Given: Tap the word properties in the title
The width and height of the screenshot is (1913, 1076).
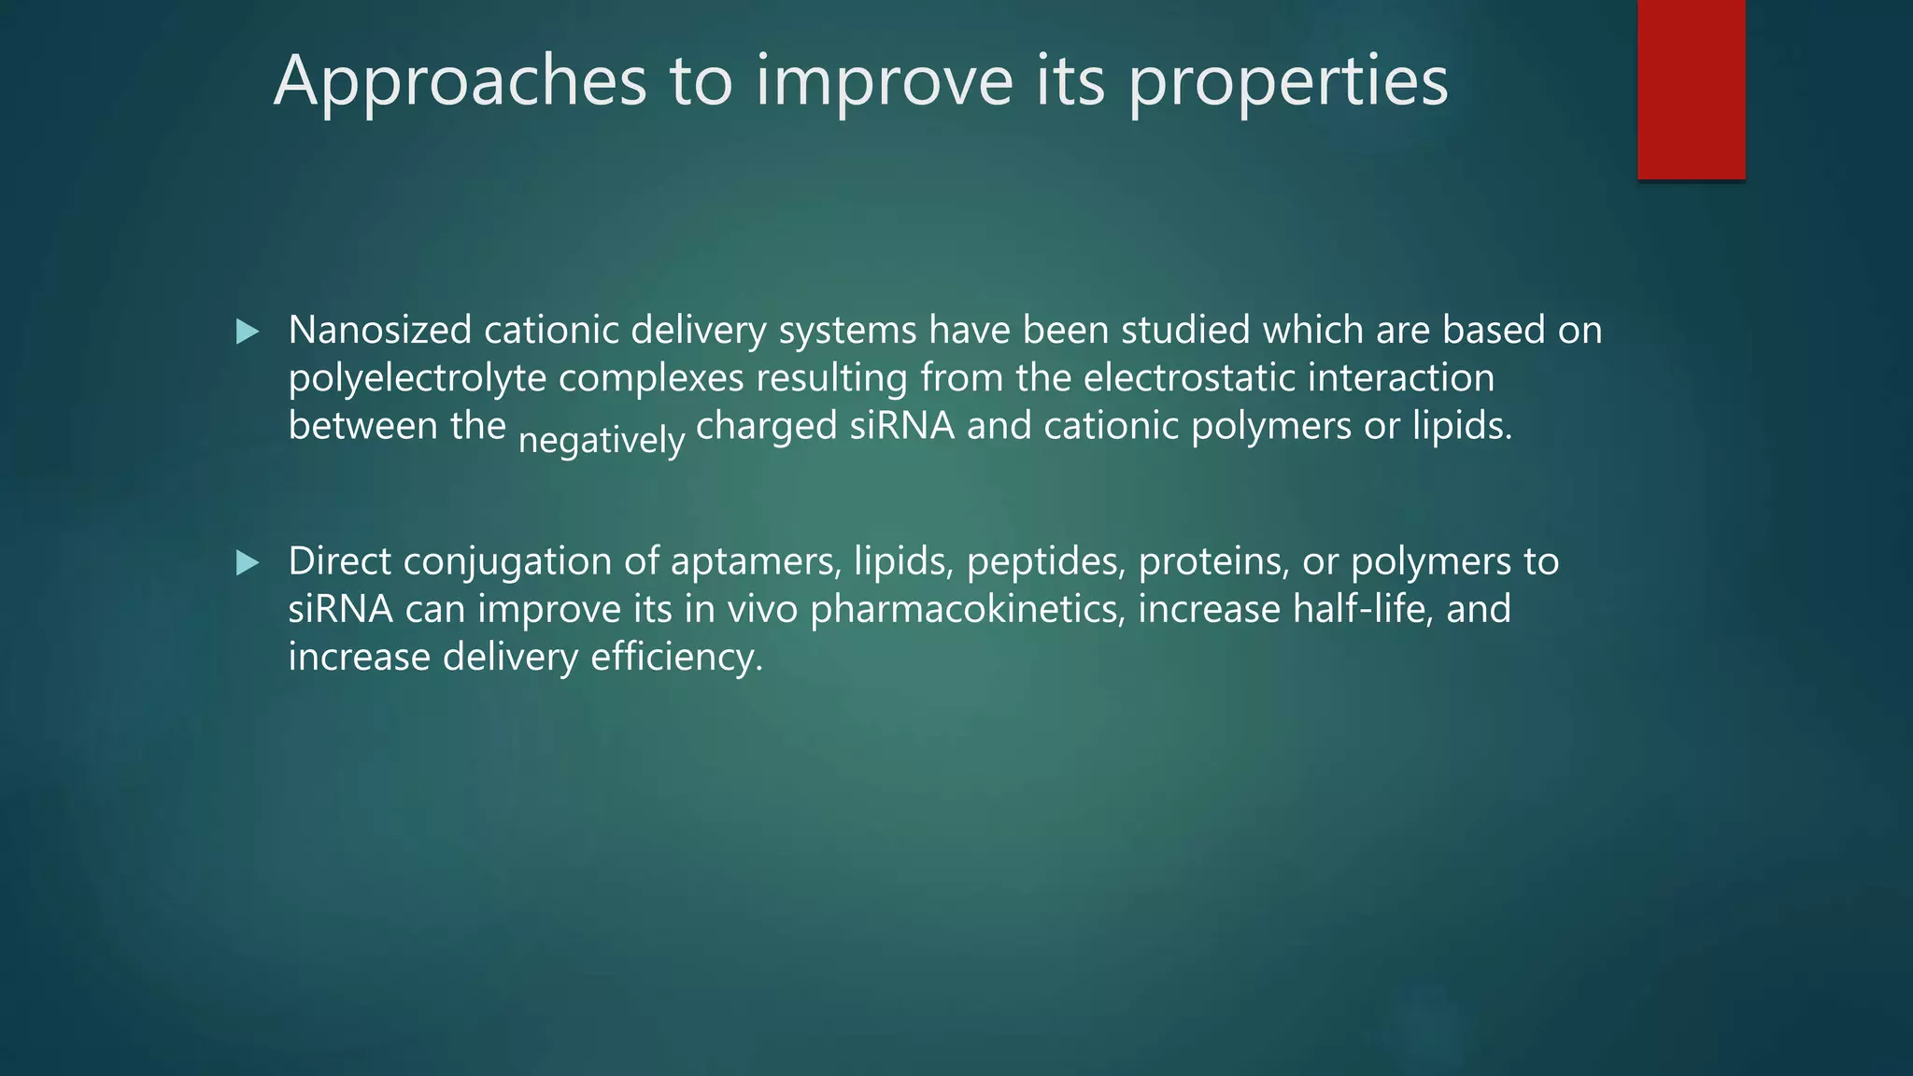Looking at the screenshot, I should [x=1288, y=82].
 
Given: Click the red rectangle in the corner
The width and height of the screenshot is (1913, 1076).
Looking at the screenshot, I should [x=1691, y=89].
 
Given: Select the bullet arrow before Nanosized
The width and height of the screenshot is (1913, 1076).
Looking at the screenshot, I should [x=248, y=332].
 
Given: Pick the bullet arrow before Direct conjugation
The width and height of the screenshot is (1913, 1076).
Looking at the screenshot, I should [x=248, y=562].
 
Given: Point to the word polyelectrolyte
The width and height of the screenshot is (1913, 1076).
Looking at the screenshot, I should [x=417, y=379].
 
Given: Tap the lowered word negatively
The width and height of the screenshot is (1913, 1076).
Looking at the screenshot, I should [x=602, y=439].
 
